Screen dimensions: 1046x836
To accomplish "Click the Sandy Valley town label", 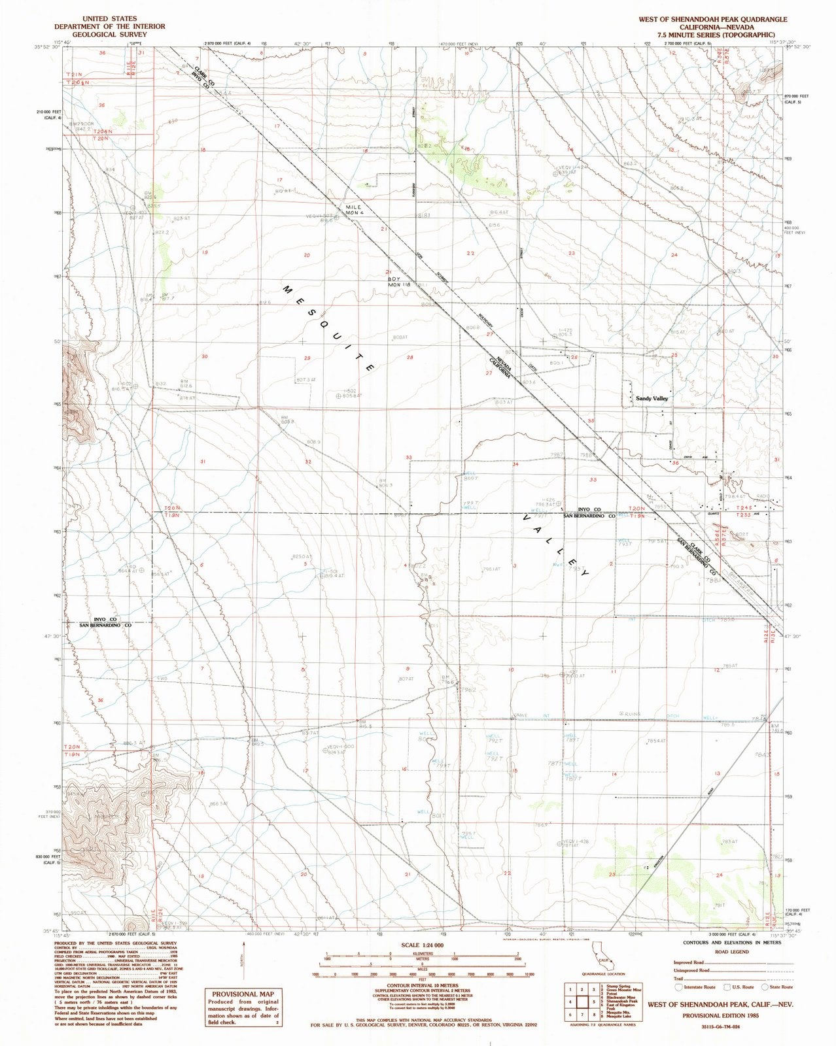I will [649, 397].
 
